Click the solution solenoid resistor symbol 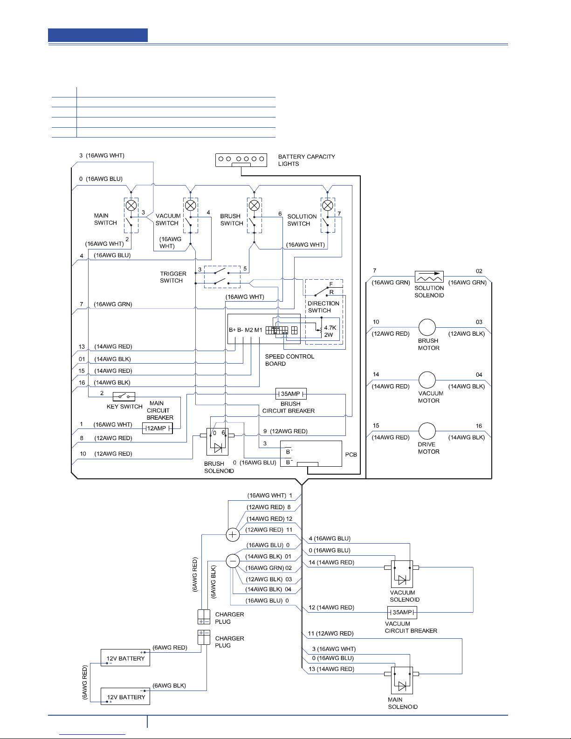click(429, 277)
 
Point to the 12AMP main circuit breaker click(158, 428)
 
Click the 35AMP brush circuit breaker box click(291, 394)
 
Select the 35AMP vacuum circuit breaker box click(402, 613)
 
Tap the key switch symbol click(124, 396)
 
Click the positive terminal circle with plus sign click(233, 534)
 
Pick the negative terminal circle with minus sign click(233, 561)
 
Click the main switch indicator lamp click(131, 206)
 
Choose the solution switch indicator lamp click(328, 206)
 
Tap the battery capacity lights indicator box click(241, 160)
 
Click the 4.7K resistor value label click(330, 327)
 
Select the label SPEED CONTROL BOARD click(289, 360)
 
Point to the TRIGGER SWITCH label click(173, 277)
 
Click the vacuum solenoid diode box click(402, 574)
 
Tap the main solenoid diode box click(402, 680)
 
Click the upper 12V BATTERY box click(125, 658)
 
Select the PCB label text click(351, 455)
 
